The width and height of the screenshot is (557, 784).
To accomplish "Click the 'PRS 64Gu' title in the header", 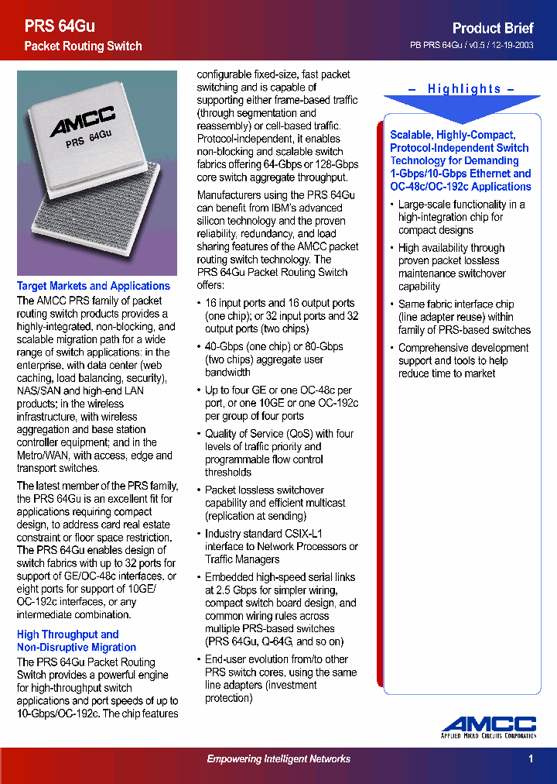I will coord(60,26).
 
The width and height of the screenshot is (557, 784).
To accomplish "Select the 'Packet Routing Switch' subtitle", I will coord(83,46).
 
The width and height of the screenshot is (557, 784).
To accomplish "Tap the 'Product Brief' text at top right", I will coord(493,28).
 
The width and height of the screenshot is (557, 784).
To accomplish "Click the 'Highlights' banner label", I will coord(464,89).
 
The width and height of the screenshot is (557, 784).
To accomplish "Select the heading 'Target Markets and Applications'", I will coord(94,286).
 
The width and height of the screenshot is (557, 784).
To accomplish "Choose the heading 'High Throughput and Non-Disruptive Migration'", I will coord(76,641).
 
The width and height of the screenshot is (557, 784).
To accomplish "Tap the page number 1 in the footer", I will coord(531,759).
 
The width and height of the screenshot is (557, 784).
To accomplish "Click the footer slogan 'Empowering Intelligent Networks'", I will coord(278,759).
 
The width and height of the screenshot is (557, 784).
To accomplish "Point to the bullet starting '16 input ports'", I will coord(280,316).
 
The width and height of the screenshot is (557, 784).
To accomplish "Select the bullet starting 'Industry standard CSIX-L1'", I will coord(280,546).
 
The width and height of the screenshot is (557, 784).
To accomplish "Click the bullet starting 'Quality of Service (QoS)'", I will coord(280,452).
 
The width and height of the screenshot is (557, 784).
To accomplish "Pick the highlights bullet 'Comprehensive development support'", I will coord(463,360).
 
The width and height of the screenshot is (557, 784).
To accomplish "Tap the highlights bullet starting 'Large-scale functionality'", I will coord(461,217).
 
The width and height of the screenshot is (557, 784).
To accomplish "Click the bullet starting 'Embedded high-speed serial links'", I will coord(280,609).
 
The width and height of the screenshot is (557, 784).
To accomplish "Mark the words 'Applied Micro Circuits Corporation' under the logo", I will coord(489,735).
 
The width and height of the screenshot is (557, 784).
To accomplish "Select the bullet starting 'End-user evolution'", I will coord(280,678).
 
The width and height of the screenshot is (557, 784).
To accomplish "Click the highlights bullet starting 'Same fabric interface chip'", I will coord(463,317).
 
